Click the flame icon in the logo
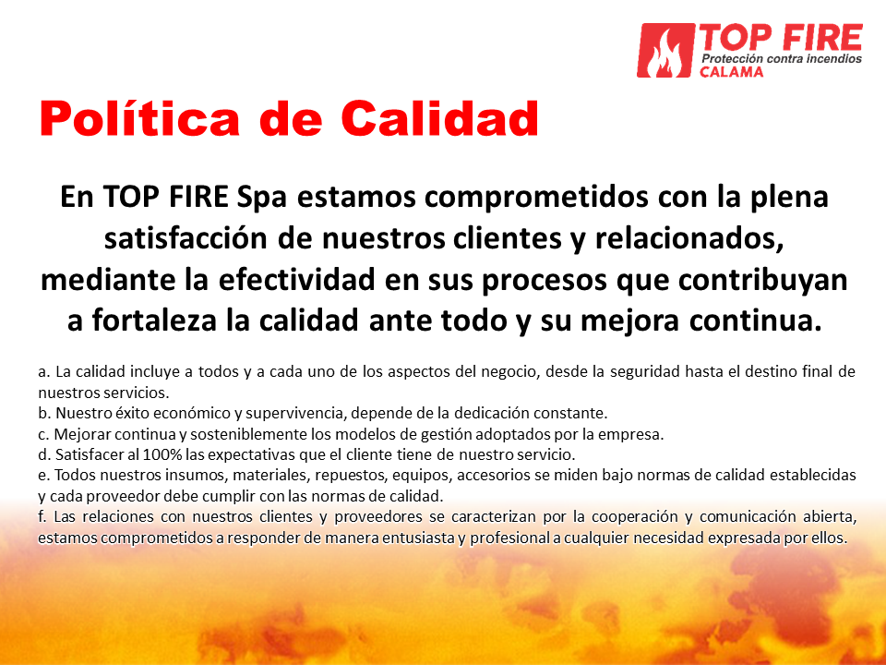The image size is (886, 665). (x=665, y=51)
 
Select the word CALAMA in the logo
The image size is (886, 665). (x=732, y=72)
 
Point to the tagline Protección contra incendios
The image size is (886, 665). (x=782, y=59)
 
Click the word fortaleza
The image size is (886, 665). (x=154, y=320)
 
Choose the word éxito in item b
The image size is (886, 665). (x=133, y=413)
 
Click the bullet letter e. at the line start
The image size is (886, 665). (x=43, y=475)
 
